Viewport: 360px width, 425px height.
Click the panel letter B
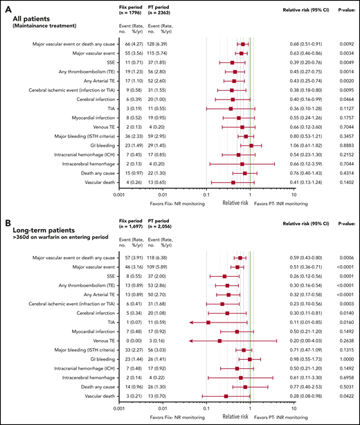6,225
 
